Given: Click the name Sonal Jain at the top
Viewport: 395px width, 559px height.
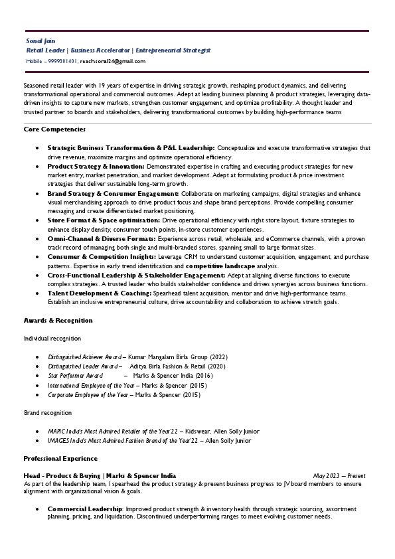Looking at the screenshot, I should coord(39,41).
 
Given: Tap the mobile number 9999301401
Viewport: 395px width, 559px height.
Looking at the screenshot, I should coord(62,61).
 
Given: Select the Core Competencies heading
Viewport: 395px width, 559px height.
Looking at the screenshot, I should coord(54,129).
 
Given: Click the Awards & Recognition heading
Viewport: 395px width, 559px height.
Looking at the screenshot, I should coord(58,321).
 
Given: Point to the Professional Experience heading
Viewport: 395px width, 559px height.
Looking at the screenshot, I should coord(60,459).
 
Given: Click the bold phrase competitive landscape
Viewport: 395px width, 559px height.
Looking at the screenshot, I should coord(222,266).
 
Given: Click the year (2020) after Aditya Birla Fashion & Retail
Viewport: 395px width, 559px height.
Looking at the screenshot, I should coord(216,366).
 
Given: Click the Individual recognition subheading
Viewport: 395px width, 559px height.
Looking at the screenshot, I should coord(52,339).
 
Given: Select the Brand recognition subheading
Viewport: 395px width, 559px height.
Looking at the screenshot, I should coord(48,413).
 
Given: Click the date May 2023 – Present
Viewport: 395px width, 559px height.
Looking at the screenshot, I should coord(339,476).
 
